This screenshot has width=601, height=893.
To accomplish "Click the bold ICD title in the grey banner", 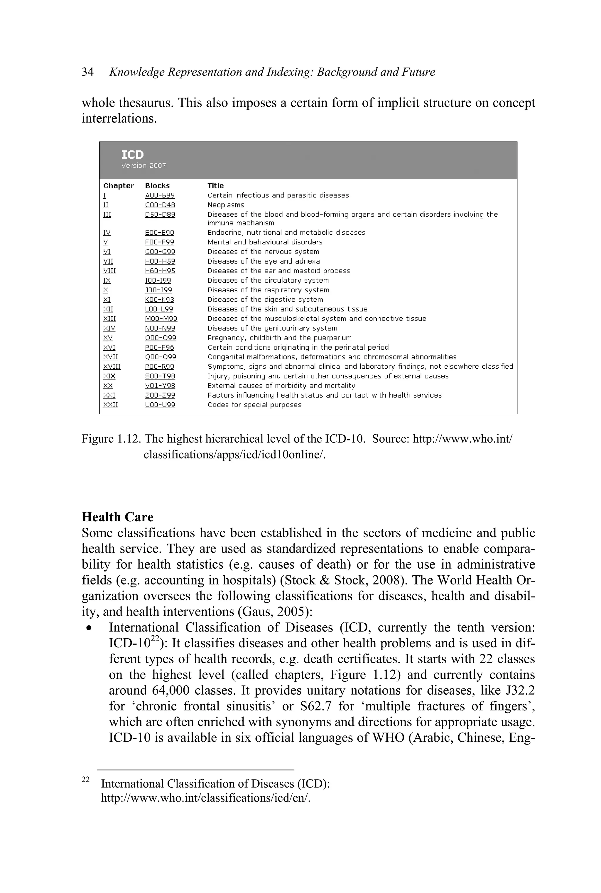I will (x=132, y=155).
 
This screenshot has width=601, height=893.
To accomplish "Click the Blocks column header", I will (x=157, y=186).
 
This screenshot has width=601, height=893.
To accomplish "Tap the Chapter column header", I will (x=119, y=186).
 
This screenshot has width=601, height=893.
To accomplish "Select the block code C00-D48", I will (x=160, y=205).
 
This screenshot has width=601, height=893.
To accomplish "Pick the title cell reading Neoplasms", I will (x=225, y=205).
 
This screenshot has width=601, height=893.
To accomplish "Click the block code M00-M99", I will (x=161, y=319).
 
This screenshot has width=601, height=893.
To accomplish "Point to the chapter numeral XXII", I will (x=110, y=405).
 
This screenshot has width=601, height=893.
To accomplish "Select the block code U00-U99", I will (x=160, y=405).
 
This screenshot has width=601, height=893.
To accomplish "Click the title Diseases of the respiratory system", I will (x=268, y=290).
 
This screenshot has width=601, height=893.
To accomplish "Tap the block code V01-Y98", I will (x=160, y=386).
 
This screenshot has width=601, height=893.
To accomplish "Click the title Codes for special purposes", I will (x=254, y=405).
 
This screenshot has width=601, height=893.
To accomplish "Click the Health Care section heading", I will (x=117, y=517).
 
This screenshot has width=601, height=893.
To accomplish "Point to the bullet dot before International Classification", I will (x=89, y=629).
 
